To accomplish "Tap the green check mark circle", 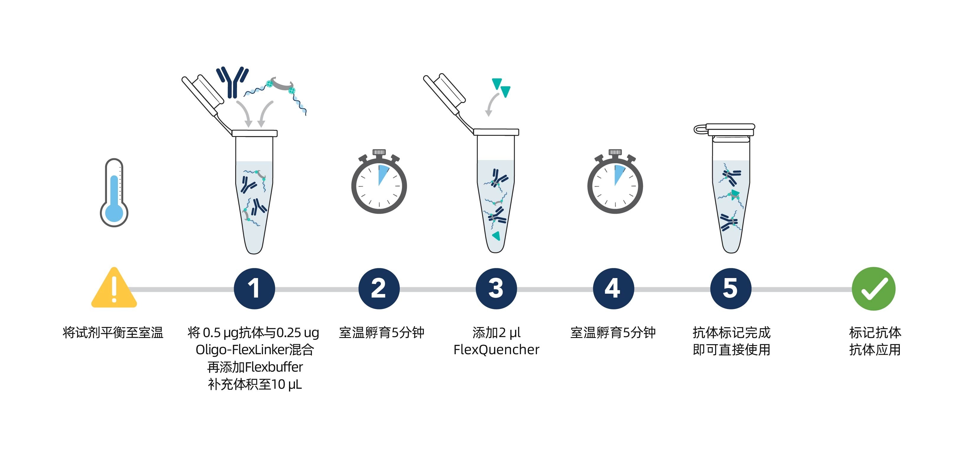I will [873, 289].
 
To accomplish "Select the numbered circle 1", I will [254, 289].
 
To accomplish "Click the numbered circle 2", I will [379, 289].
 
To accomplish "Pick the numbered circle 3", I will [496, 289].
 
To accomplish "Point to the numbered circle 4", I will [613, 289].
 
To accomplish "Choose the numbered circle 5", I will [730, 289].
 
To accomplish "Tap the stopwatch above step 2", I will [379, 184].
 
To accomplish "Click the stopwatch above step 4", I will [615, 184].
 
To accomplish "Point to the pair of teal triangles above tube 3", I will [501, 87].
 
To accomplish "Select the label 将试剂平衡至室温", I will [113, 333].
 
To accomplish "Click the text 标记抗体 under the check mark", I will [875, 333].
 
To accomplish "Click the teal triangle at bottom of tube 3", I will [496, 236].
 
